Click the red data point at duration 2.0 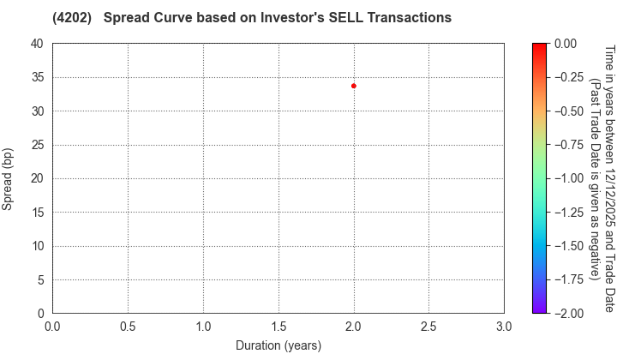tap(353, 86)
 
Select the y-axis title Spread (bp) tap(8, 178)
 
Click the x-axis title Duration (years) tap(278, 345)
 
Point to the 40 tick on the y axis tap(37, 44)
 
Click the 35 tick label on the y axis tap(37, 77)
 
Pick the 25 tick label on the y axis tap(37, 145)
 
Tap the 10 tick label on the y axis tap(37, 246)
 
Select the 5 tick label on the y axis tap(40, 280)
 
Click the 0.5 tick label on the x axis tap(128, 327)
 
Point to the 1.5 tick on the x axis tap(278, 327)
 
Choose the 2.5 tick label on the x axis tap(428, 327)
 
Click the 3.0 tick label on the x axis tap(504, 327)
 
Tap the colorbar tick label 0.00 tap(566, 44)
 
